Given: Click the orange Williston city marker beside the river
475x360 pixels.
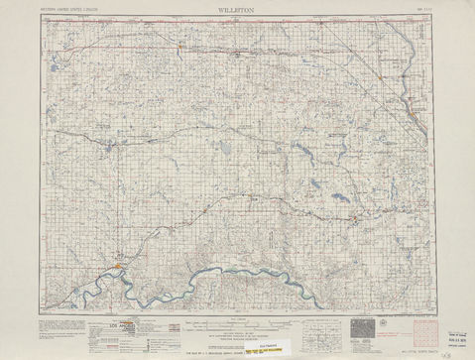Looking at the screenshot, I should [120, 265].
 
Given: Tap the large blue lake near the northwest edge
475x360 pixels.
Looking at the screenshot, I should [49, 70].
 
